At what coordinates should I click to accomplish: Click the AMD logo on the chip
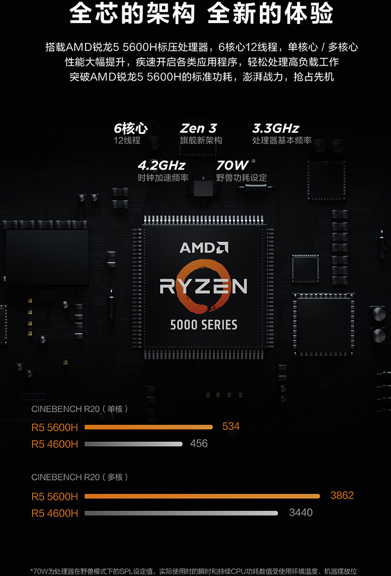203,247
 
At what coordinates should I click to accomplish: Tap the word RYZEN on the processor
203,286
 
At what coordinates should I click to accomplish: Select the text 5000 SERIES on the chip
203,325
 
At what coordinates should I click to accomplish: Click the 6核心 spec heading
130,128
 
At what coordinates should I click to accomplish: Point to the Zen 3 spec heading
199,128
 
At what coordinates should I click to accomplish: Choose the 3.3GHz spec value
276,128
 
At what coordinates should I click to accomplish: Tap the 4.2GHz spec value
162,165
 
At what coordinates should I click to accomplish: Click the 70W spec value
233,165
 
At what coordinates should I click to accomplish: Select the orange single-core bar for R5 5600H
149,427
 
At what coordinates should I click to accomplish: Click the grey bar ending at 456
133,444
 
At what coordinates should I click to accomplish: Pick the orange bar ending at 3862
202,496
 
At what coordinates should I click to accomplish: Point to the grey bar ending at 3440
181,513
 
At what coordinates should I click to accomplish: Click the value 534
231,426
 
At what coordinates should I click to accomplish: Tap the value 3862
342,495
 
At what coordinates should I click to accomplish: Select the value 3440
301,512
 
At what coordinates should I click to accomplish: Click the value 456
199,443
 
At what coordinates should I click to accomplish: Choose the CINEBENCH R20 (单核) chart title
79,409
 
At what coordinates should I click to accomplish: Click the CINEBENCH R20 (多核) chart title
79,477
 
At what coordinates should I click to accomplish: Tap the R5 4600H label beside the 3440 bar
55,513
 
